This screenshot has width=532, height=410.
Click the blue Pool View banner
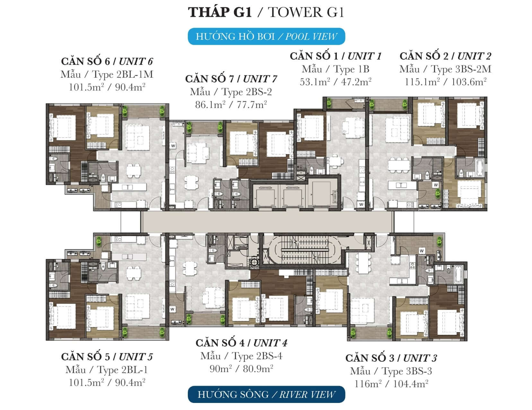[x=266, y=37]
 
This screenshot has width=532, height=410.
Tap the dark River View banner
[x=266, y=394]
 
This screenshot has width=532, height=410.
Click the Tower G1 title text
[x=266, y=12]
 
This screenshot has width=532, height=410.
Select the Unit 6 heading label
[x=107, y=61]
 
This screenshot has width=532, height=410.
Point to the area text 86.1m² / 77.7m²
[x=231, y=105]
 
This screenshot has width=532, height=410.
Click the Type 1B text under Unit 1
[x=336, y=69]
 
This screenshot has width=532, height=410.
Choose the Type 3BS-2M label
[x=445, y=69]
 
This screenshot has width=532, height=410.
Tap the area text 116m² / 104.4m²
[x=391, y=384]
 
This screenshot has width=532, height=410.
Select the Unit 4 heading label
[x=241, y=343]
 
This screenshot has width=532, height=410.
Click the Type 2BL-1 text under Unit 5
[x=107, y=370]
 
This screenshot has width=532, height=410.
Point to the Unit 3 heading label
[x=391, y=358]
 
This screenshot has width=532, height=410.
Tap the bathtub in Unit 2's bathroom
[x=479, y=167]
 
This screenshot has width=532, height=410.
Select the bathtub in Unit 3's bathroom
[x=458, y=274]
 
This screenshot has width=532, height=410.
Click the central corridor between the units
[x=267, y=222]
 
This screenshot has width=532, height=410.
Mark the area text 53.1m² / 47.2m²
[x=336, y=82]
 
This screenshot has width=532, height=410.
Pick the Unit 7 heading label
[x=231, y=79]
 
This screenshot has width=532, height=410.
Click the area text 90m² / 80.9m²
[x=241, y=368]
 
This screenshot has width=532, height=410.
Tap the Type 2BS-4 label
[x=241, y=356]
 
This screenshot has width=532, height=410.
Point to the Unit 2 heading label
[x=445, y=56]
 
